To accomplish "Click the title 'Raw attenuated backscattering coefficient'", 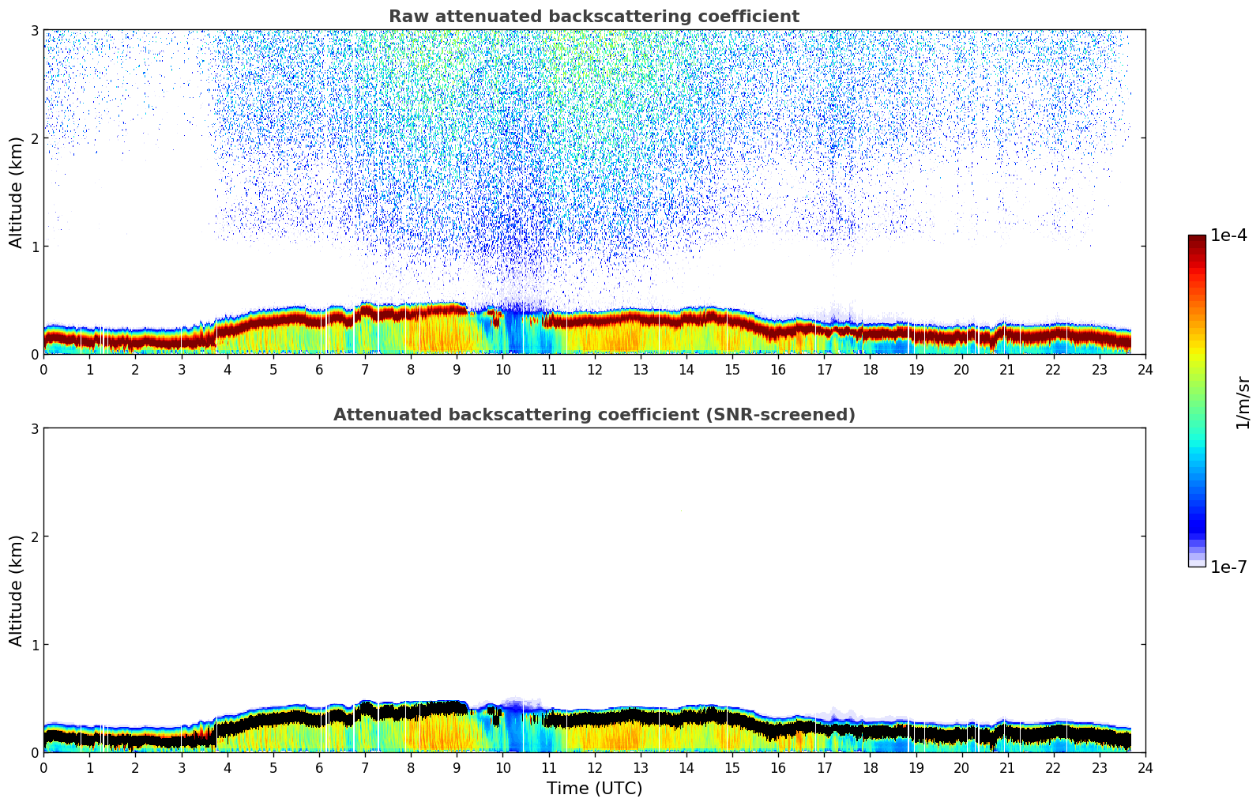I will coord(593,17).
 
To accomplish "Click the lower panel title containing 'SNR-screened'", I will coord(593,415).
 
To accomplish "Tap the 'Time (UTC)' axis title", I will coord(594,789).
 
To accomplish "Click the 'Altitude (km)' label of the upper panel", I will coord(16,192).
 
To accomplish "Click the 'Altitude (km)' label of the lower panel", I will coord(16,590).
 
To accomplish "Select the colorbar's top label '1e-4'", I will coord(1228,235).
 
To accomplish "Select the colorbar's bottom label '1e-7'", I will coord(1228,567).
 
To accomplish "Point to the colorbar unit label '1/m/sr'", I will coord(1243,402).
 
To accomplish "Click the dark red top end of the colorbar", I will coord(1197,239).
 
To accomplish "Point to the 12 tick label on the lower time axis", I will coord(594,768).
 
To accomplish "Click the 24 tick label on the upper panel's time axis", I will coord(1145,370).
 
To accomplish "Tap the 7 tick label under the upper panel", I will coord(365,370).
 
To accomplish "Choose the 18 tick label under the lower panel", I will coord(870,768).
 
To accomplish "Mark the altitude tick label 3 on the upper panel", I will coord(34,30).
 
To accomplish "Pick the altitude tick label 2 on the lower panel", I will coord(34,537).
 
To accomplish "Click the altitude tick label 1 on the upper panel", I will coord(34,247).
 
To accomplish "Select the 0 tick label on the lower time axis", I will coord(43,768).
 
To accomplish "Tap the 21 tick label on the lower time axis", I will coord(1007,768).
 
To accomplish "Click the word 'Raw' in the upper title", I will coord(405,17).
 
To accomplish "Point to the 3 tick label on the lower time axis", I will coord(181,768).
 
